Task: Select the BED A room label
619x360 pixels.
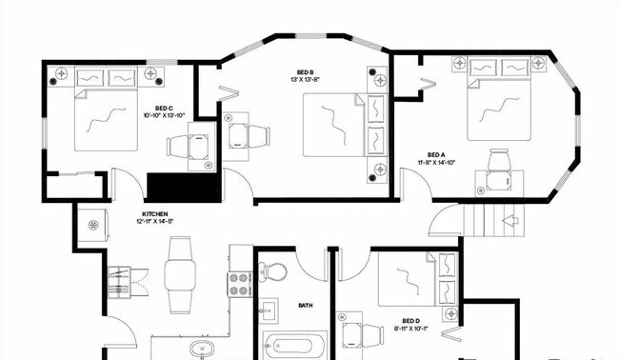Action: pos(436,155)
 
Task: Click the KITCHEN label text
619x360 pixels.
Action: pos(156,214)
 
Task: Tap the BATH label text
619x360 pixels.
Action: pos(306,306)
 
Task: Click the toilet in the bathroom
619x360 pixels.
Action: pos(274,271)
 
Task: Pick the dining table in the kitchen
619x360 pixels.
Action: pos(179,273)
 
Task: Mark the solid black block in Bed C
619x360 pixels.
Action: pos(184,187)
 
